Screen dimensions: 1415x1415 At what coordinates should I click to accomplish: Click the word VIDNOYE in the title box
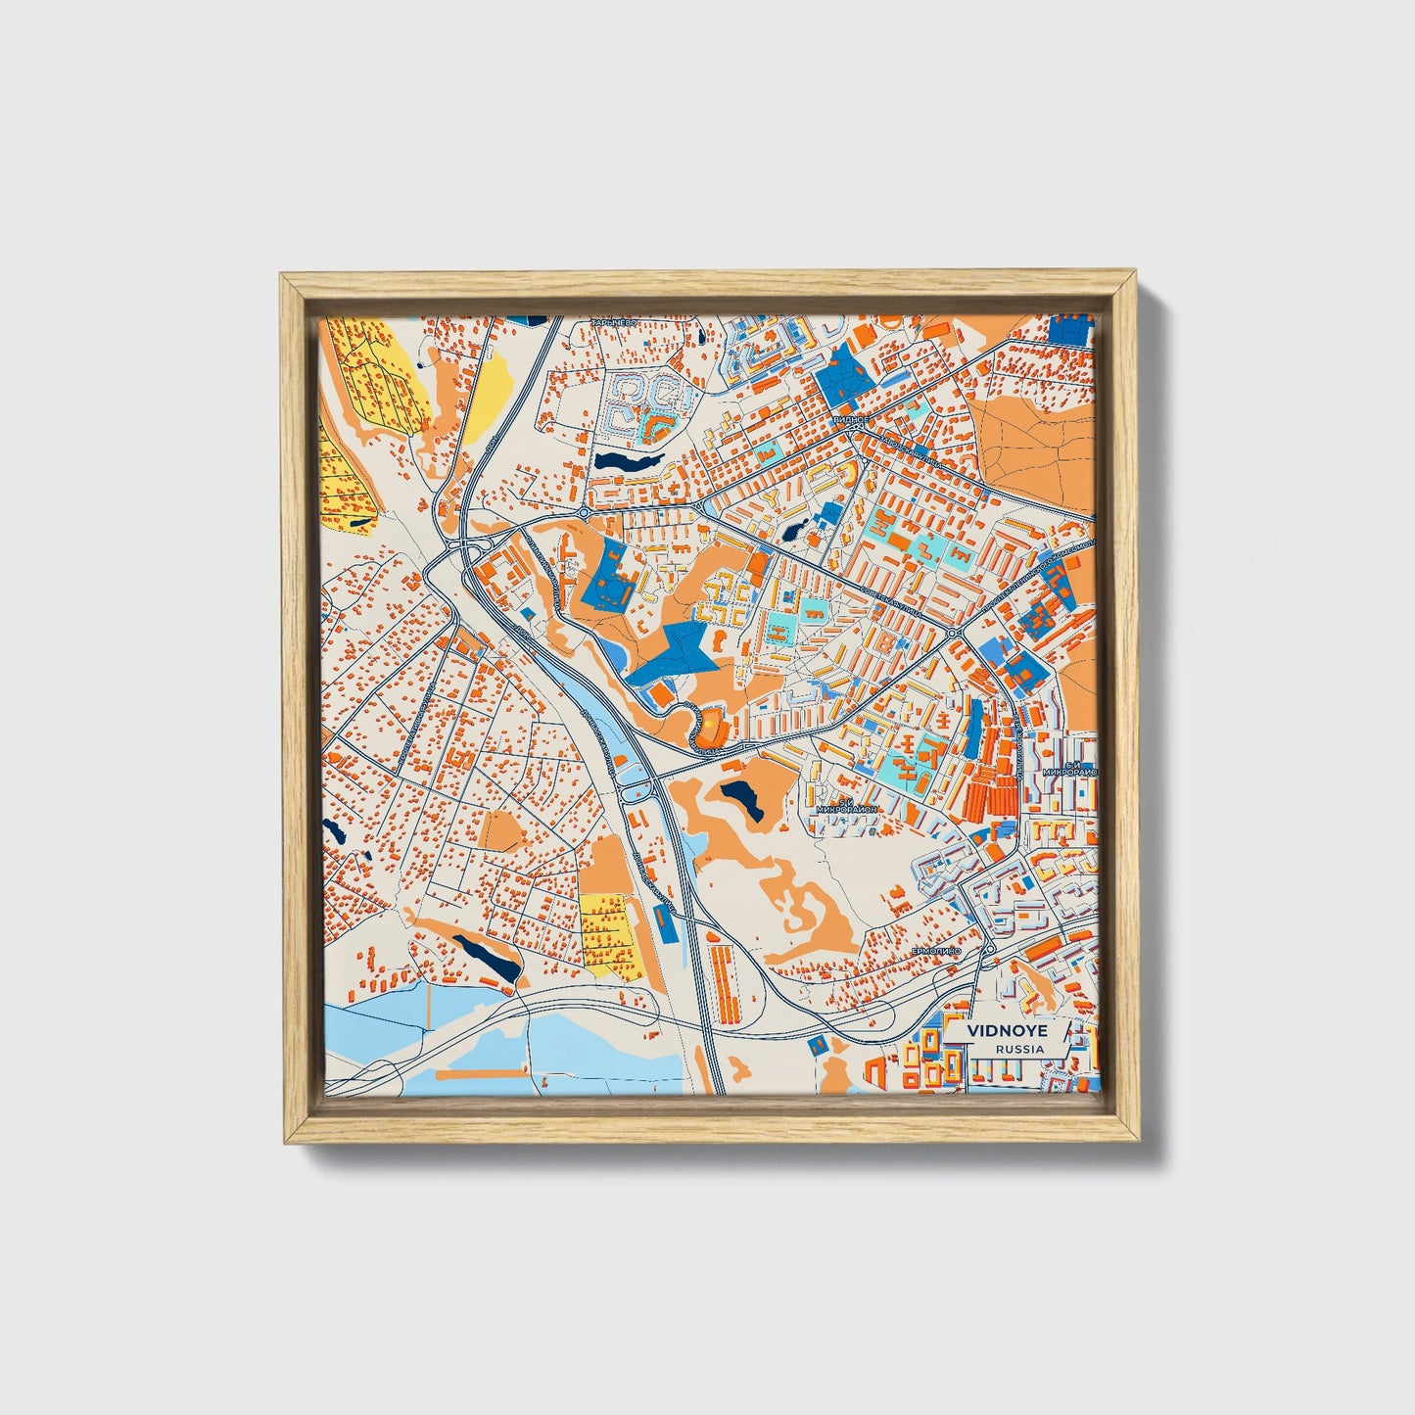pyautogui.click(x=994, y=1031)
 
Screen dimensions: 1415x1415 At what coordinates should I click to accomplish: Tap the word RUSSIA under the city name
pyautogui.click(x=1018, y=1049)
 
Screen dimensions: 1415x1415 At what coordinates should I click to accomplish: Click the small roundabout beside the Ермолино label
pyautogui.click(x=989, y=949)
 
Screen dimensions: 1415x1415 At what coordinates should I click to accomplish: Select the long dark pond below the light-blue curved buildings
pyautogui.click(x=628, y=458)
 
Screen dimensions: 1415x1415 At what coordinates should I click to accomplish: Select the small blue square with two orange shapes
pyautogui.click(x=816, y=1045)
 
